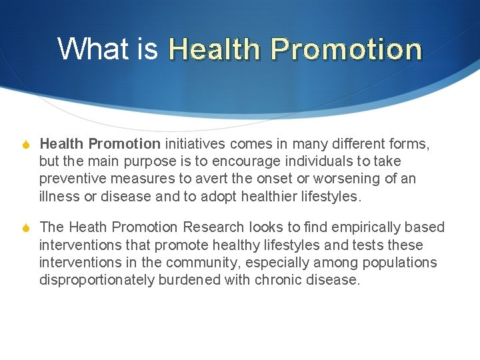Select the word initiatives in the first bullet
pyautogui.click(x=195, y=143)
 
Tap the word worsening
pyautogui.click(x=345, y=179)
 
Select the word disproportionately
pyautogui.click(x=97, y=280)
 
